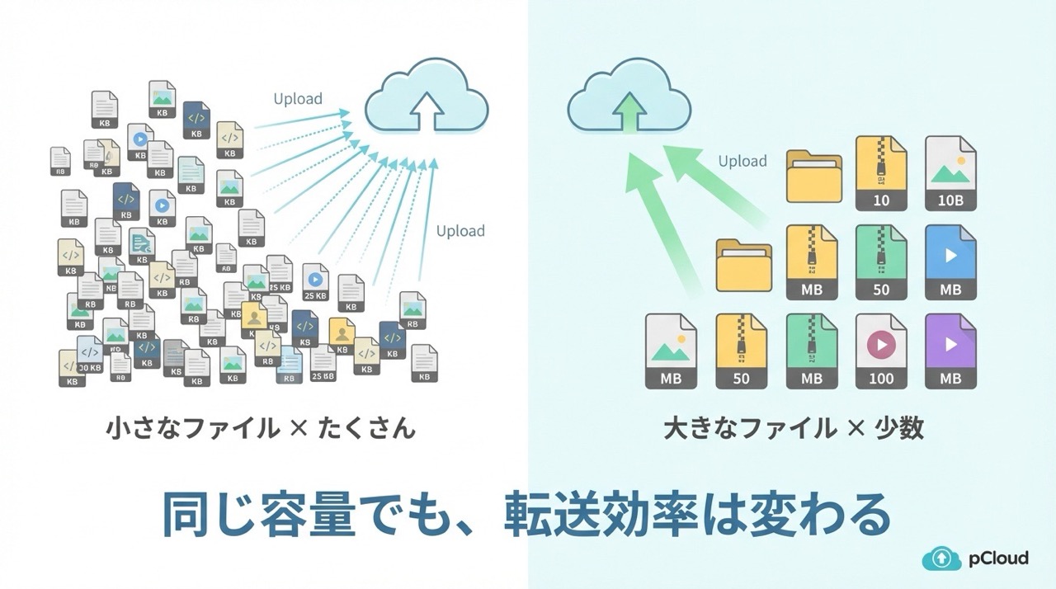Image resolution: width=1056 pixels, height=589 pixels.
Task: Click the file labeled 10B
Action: pos(950,173)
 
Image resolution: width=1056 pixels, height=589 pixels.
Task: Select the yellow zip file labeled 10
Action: pos(881,173)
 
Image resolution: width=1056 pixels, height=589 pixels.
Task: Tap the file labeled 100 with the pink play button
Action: pos(881,351)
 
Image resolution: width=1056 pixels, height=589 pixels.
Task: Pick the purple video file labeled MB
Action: pos(950,351)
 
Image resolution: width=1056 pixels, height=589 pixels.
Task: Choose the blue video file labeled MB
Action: pos(950,262)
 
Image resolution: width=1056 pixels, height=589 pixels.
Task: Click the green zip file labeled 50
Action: pos(881,262)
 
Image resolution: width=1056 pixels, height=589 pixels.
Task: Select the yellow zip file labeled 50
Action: pos(742,351)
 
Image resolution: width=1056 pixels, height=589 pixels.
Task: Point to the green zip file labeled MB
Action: pos(812,351)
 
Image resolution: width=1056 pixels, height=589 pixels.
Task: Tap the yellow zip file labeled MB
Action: pos(812,262)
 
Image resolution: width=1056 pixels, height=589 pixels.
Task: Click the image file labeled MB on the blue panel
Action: pos(671,351)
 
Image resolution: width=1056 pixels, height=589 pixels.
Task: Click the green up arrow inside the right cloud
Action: pos(629,111)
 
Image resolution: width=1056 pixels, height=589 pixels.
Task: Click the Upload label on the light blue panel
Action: pos(742,162)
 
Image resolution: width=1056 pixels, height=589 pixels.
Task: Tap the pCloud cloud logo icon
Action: pos(942,558)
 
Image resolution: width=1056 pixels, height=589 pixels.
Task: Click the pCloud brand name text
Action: pos(999,558)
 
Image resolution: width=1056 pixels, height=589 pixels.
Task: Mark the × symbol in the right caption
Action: pos(856,429)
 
